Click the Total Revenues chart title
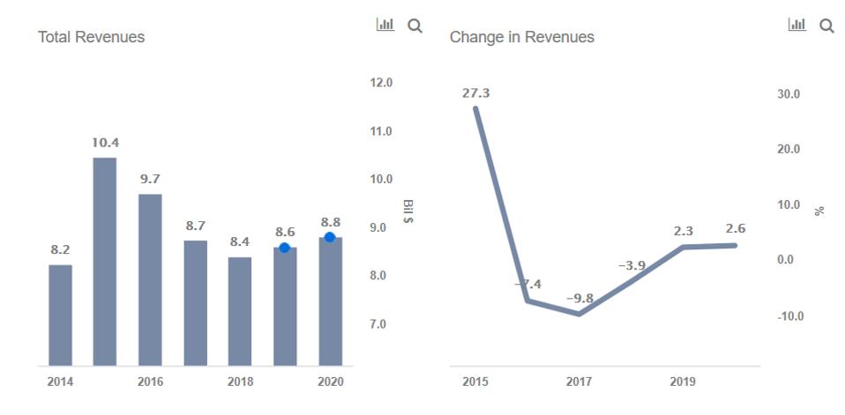91,37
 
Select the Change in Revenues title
521,37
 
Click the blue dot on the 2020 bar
330,237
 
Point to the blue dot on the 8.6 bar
284,248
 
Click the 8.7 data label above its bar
195,226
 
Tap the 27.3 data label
475,93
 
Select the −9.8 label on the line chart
580,299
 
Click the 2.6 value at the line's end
735,229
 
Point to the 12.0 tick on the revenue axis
381,83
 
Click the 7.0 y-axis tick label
377,324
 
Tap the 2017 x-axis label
579,382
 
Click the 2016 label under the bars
150,382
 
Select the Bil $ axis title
408,211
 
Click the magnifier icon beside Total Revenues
415,26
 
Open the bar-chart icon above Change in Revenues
796,26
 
